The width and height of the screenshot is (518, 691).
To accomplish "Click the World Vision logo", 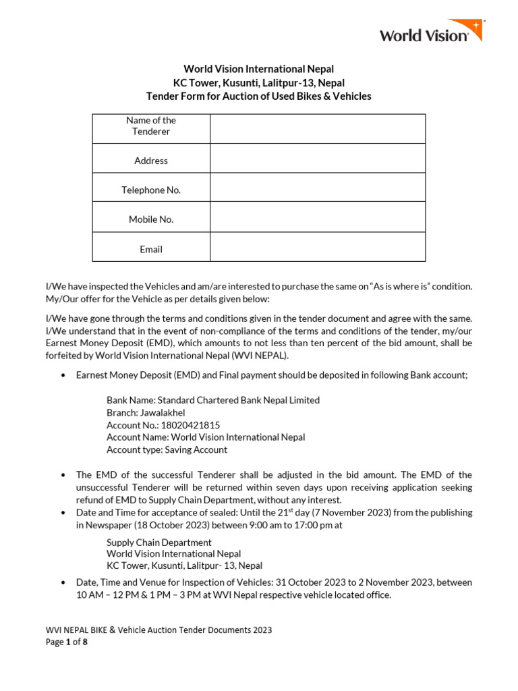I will pyautogui.click(x=430, y=32).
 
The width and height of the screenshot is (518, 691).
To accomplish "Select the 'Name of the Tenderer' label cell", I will pyautogui.click(x=151, y=126).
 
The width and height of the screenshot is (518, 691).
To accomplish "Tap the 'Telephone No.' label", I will pyautogui.click(x=151, y=190).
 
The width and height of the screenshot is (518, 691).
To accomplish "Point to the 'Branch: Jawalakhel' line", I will pyautogui.click(x=146, y=413).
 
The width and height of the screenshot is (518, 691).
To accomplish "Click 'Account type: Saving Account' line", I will pyautogui.click(x=167, y=449).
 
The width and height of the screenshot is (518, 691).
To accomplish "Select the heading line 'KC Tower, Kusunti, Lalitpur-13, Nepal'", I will pyautogui.click(x=259, y=83).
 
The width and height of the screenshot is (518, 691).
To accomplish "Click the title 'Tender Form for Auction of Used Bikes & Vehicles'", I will pyautogui.click(x=259, y=96).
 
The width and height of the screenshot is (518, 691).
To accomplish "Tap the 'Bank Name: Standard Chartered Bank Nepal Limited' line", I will pyautogui.click(x=213, y=400).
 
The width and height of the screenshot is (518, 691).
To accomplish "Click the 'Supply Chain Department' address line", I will pyautogui.click(x=159, y=543).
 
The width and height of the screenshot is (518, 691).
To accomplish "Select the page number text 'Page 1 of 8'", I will pyautogui.click(x=66, y=642).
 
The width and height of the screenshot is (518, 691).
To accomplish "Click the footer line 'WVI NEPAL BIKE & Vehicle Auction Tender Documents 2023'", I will pyautogui.click(x=159, y=630).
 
